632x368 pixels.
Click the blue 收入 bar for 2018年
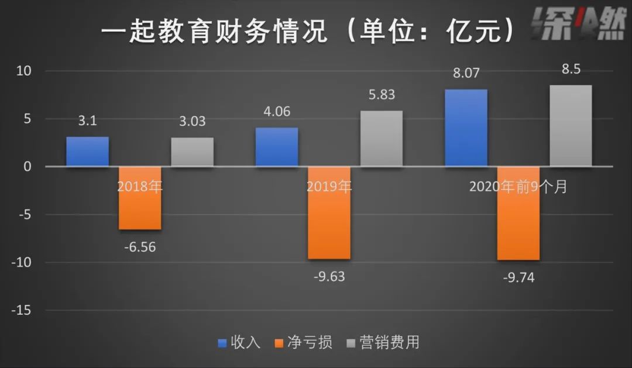click(x=87, y=152)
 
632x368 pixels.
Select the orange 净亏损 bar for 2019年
click(x=329, y=212)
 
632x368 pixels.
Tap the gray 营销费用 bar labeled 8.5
click(x=571, y=126)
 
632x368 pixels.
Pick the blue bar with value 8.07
click(x=466, y=128)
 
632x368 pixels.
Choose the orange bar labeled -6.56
click(x=140, y=198)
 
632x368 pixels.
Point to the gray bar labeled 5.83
click(x=382, y=139)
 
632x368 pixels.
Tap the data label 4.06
click(x=277, y=111)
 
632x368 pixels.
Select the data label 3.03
click(x=193, y=121)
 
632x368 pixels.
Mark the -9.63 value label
click(x=329, y=276)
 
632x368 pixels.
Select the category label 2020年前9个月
click(x=518, y=187)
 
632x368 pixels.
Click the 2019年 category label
click(x=329, y=187)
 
